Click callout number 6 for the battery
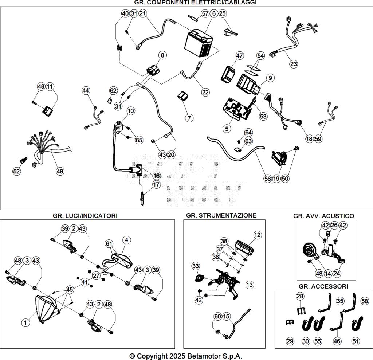(x=214, y=13)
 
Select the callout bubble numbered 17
(x=156, y=185)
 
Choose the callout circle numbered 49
(x=59, y=171)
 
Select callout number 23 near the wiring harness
(x=294, y=64)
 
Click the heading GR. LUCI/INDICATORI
(x=85, y=216)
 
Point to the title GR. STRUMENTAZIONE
(x=221, y=215)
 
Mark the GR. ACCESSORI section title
(x=323, y=286)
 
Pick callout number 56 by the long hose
(x=268, y=179)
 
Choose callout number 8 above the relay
(x=162, y=55)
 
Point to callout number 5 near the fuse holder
(x=227, y=128)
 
